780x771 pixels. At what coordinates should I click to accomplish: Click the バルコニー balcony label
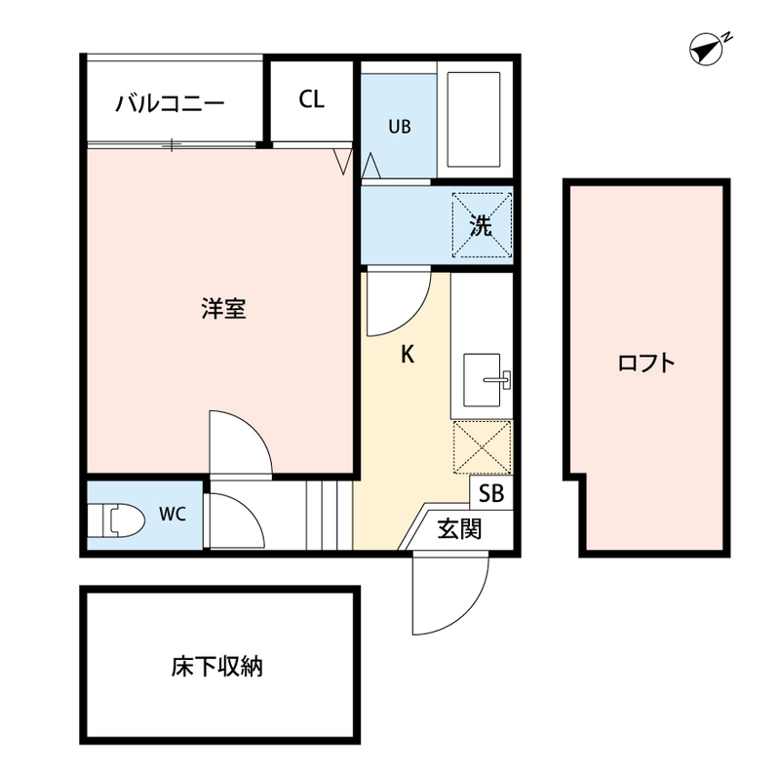[x=171, y=102]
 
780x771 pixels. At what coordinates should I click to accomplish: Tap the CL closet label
[x=311, y=99]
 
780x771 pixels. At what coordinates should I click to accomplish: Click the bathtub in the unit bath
[x=472, y=119]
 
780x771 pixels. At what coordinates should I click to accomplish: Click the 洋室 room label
[x=223, y=309]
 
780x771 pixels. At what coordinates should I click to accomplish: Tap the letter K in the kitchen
[x=409, y=355]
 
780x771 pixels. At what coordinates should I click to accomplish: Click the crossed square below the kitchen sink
[x=481, y=446]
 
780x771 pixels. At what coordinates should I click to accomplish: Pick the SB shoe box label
[x=491, y=494]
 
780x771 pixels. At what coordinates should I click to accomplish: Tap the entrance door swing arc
[x=448, y=595]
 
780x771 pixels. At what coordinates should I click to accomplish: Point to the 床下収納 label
[x=217, y=668]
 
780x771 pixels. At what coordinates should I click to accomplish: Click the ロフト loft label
[x=645, y=364]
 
